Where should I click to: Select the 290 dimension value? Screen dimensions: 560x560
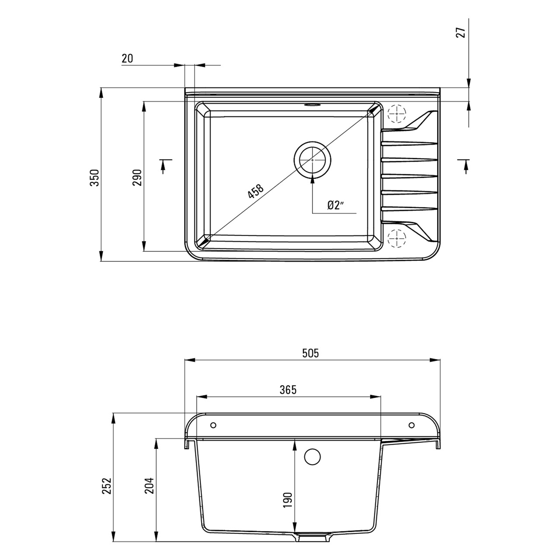137,178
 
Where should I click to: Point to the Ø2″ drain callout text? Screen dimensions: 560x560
336,205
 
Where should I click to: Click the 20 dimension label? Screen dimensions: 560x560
127,59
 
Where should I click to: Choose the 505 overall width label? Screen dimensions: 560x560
311,353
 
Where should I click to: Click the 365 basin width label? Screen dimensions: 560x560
288,390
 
